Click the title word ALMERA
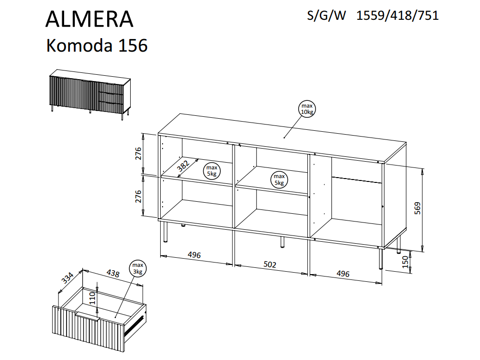click(x=89, y=19)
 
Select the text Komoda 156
click(x=96, y=46)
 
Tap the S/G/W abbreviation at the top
click(x=327, y=15)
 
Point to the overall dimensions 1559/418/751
click(x=397, y=15)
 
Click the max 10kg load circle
click(x=307, y=109)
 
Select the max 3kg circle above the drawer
click(x=138, y=269)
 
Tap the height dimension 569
click(x=418, y=208)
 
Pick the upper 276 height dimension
click(x=137, y=153)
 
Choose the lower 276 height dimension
click(x=137, y=197)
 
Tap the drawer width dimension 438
click(x=112, y=273)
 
